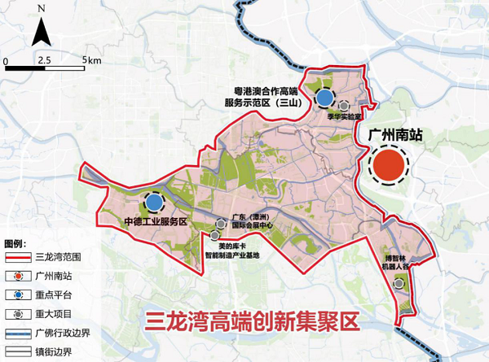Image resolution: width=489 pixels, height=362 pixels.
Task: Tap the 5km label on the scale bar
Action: tap(91, 60)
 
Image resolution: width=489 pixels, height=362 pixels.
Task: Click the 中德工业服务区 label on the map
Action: tap(156, 221)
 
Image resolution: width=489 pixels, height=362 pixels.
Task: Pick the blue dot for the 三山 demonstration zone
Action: tap(324, 98)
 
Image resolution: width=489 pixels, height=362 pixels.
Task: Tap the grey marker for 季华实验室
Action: tap(345, 106)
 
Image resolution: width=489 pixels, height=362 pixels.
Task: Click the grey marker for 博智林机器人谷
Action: tap(399, 283)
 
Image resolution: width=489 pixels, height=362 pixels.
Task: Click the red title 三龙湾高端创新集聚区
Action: tap(250, 320)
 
